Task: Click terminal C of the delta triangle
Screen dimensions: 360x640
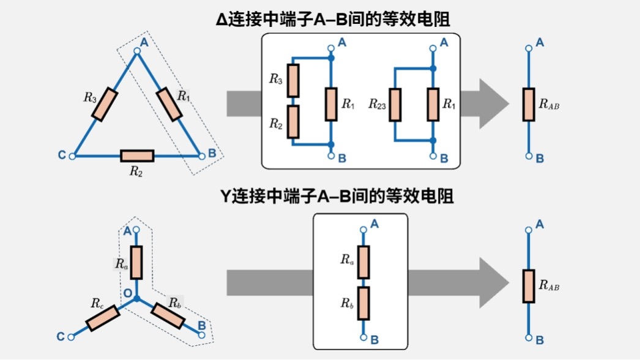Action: coord(73,156)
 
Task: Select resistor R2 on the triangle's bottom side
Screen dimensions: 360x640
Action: coord(136,156)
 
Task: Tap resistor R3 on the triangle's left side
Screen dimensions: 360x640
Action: coord(105,102)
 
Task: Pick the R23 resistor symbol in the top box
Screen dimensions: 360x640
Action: coord(395,104)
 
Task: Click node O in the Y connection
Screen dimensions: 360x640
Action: coord(137,299)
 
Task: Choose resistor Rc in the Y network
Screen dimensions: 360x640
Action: coord(103,318)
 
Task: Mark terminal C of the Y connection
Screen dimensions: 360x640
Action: coord(72,336)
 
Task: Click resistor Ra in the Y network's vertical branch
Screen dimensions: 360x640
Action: coord(137,263)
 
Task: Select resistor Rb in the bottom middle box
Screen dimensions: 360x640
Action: coord(363,303)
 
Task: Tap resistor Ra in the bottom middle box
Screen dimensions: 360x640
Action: coord(363,261)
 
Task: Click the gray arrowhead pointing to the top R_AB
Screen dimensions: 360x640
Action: coord(494,104)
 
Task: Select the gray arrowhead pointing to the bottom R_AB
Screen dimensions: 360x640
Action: coord(494,282)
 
